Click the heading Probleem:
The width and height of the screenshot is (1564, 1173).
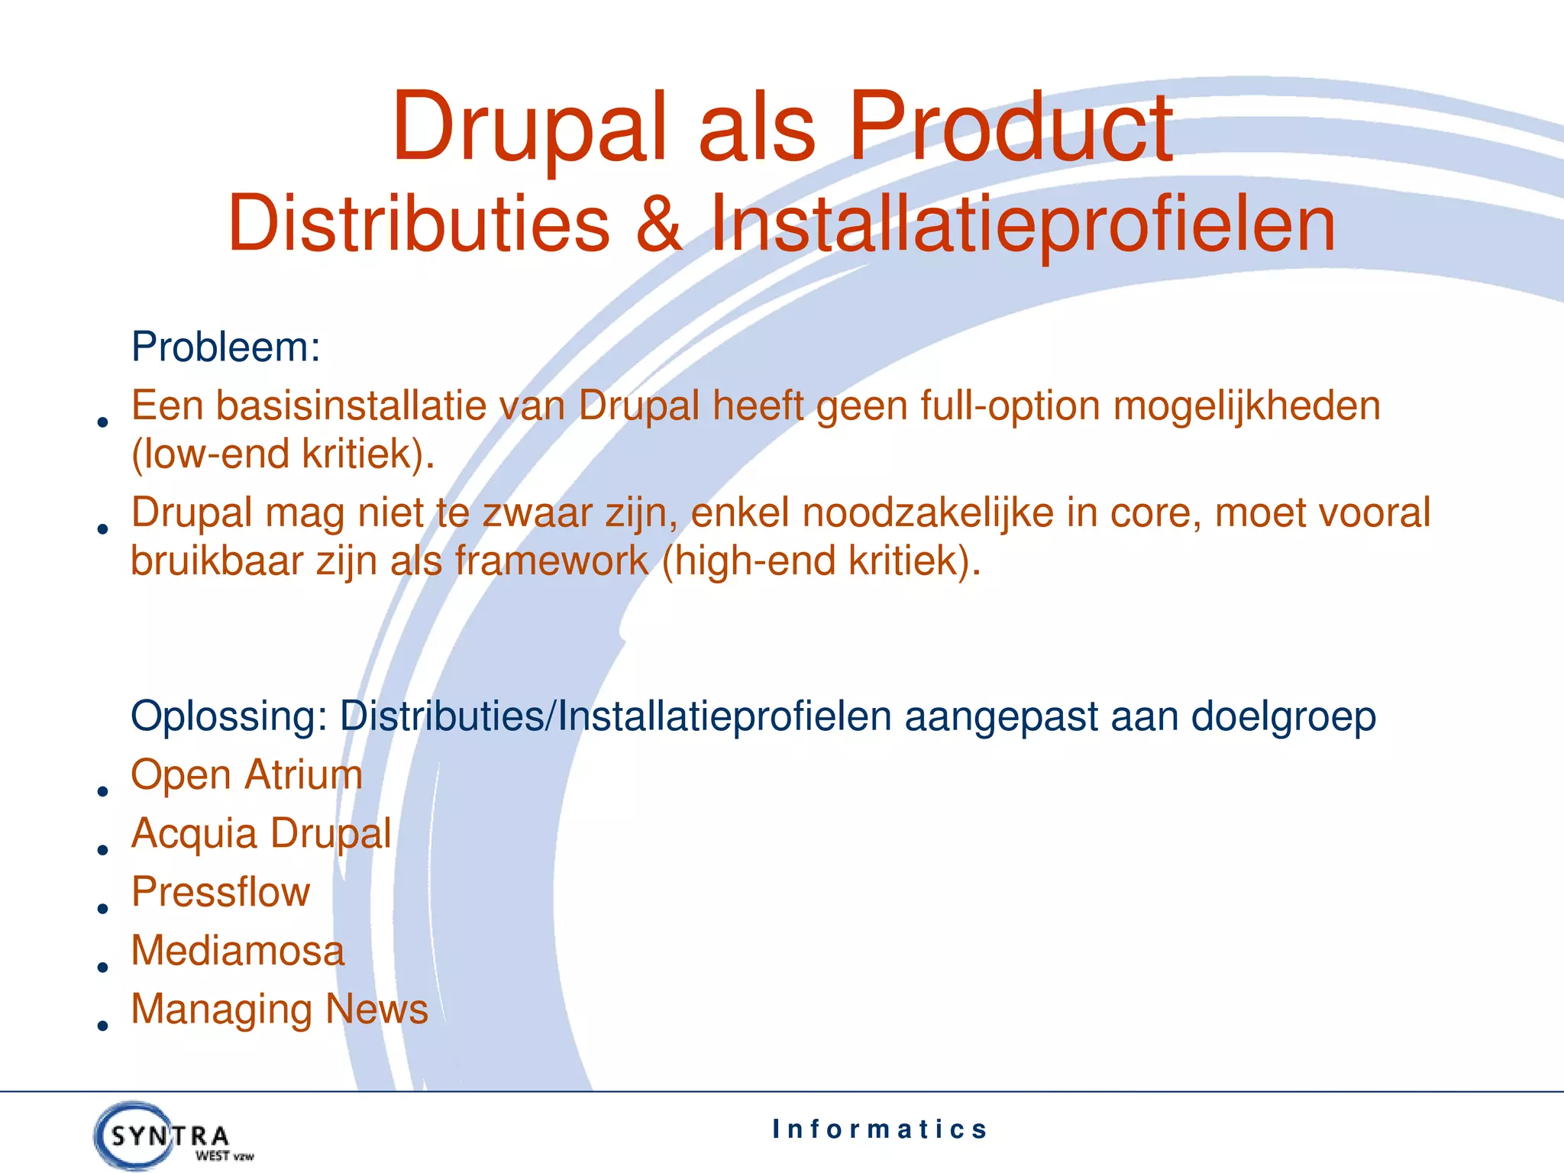225,347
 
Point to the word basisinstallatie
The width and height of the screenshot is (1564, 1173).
351,406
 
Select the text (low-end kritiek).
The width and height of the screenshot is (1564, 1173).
283,454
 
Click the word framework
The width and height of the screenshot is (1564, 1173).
551,561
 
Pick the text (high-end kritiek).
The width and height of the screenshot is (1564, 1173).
821,561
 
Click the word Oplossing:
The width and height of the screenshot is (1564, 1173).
229,717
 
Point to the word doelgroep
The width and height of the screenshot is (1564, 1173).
1283,717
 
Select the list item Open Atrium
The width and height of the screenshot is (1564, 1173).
246,775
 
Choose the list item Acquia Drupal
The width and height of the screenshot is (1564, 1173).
261,833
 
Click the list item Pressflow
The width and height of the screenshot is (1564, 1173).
221,892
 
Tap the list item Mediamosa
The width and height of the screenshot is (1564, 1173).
238,951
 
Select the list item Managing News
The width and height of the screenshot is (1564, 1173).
280,1009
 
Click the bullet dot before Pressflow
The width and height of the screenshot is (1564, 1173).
102,909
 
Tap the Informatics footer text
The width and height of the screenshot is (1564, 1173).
879,1129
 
